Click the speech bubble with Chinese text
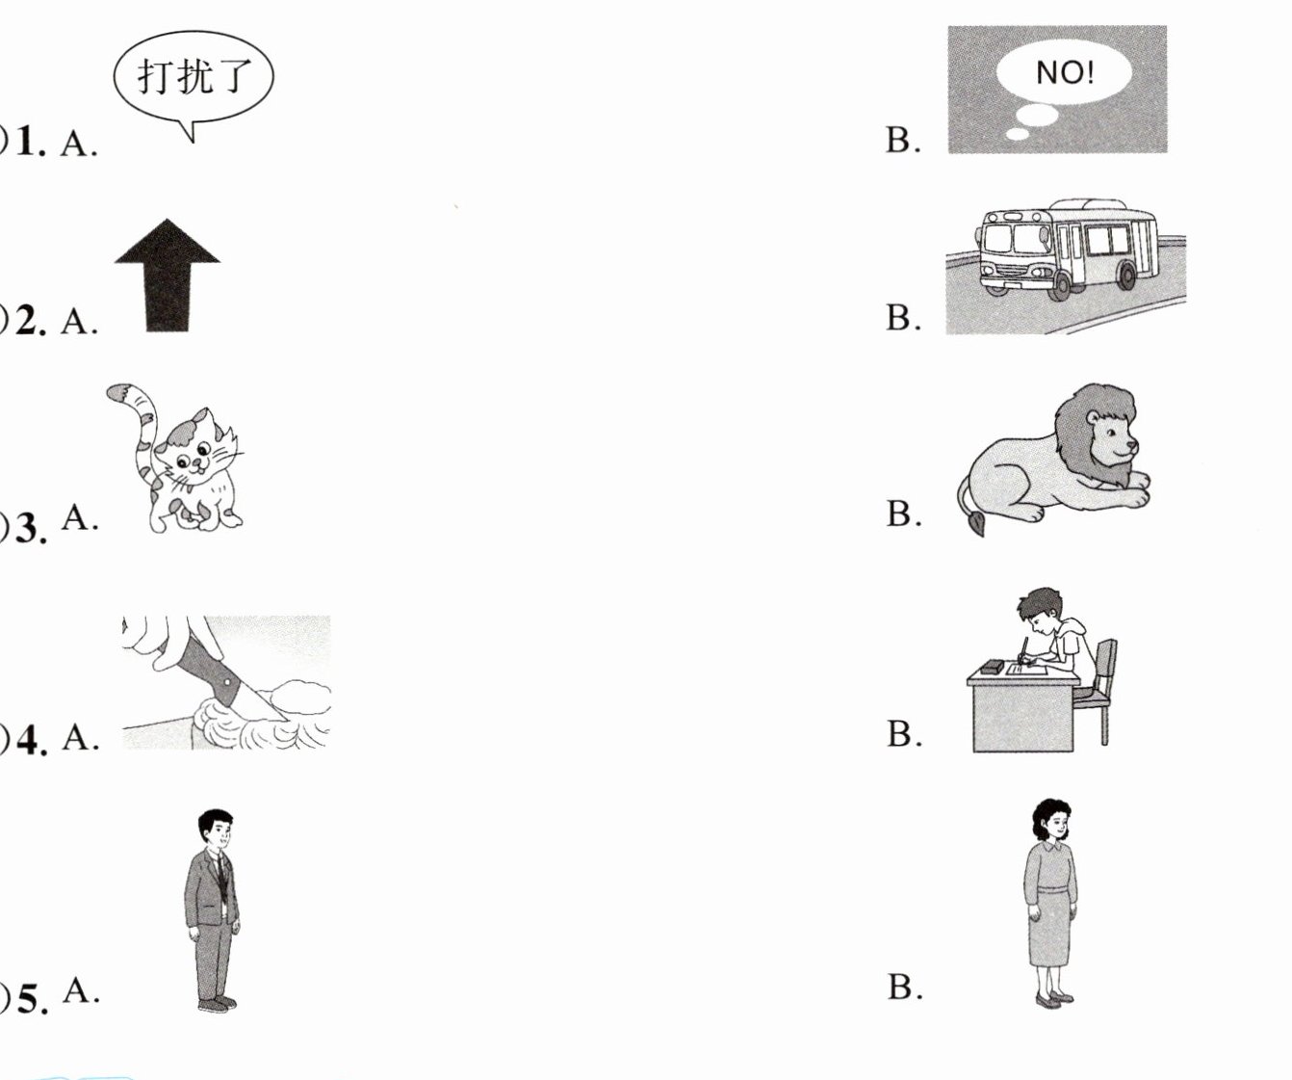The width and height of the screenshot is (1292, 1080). [194, 77]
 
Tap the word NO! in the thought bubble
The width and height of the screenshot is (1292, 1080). [1065, 73]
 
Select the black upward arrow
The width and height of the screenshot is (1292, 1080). [168, 275]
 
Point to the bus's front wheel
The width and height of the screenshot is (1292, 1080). [1062, 285]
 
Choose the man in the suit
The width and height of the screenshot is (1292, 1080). [213, 910]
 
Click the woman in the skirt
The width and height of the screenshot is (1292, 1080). [1051, 904]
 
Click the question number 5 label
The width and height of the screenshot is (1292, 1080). [31, 999]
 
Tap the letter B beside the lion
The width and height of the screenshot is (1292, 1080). [903, 514]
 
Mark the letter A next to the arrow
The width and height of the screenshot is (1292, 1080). [79, 321]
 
